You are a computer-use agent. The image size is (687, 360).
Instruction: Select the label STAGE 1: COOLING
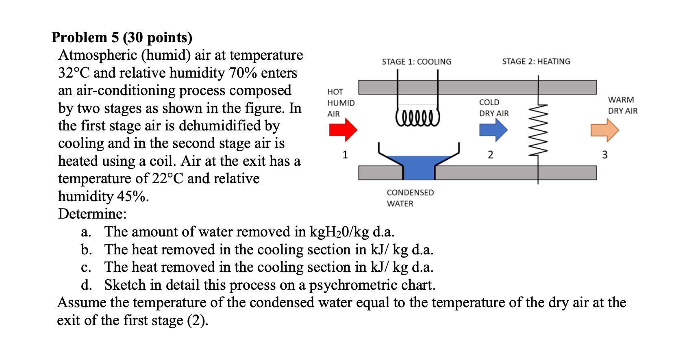[416, 62]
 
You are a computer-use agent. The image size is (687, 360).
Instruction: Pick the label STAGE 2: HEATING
[536, 61]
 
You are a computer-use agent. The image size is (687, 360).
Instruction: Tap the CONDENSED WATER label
[410, 198]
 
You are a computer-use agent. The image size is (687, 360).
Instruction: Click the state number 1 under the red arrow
[345, 155]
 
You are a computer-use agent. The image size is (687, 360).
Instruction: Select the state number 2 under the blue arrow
[491, 155]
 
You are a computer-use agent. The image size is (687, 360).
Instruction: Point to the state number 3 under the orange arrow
[604, 155]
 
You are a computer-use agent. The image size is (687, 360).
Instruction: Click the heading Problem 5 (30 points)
[122, 37]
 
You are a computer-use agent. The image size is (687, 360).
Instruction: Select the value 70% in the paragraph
[243, 73]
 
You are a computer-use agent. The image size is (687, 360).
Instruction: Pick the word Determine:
[92, 214]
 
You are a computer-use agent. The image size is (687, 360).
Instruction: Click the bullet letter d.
[86, 285]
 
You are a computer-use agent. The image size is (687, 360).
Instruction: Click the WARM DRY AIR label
[622, 105]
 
